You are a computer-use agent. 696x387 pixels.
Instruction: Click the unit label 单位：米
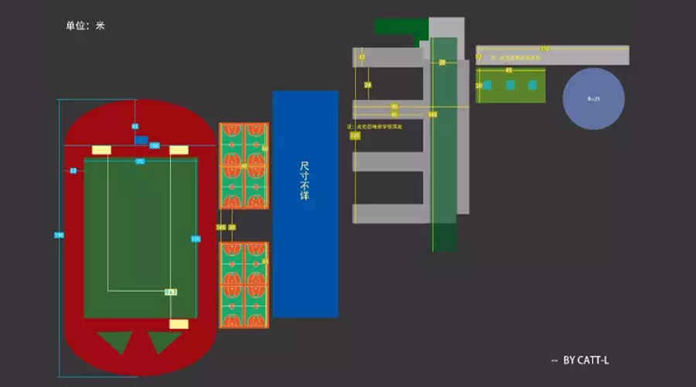85,26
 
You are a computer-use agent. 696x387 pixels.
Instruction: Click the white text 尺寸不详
305,181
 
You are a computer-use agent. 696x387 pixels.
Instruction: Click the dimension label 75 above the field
140,161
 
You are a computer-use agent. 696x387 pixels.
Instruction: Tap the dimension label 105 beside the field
195,238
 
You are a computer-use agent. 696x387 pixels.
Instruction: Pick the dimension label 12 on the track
73,170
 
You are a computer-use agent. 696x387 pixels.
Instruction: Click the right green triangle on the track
164,341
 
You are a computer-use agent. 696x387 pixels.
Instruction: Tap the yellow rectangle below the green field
179,324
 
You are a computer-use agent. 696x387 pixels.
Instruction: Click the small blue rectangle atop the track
142,140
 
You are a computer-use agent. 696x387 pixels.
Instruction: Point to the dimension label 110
544,49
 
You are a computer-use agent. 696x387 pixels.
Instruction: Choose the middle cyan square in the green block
510,84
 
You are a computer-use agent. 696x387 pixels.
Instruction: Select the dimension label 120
355,135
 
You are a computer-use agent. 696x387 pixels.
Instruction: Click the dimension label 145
432,115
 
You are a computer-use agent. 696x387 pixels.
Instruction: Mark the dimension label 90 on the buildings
394,106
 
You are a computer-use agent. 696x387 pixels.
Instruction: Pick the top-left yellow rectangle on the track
102,149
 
